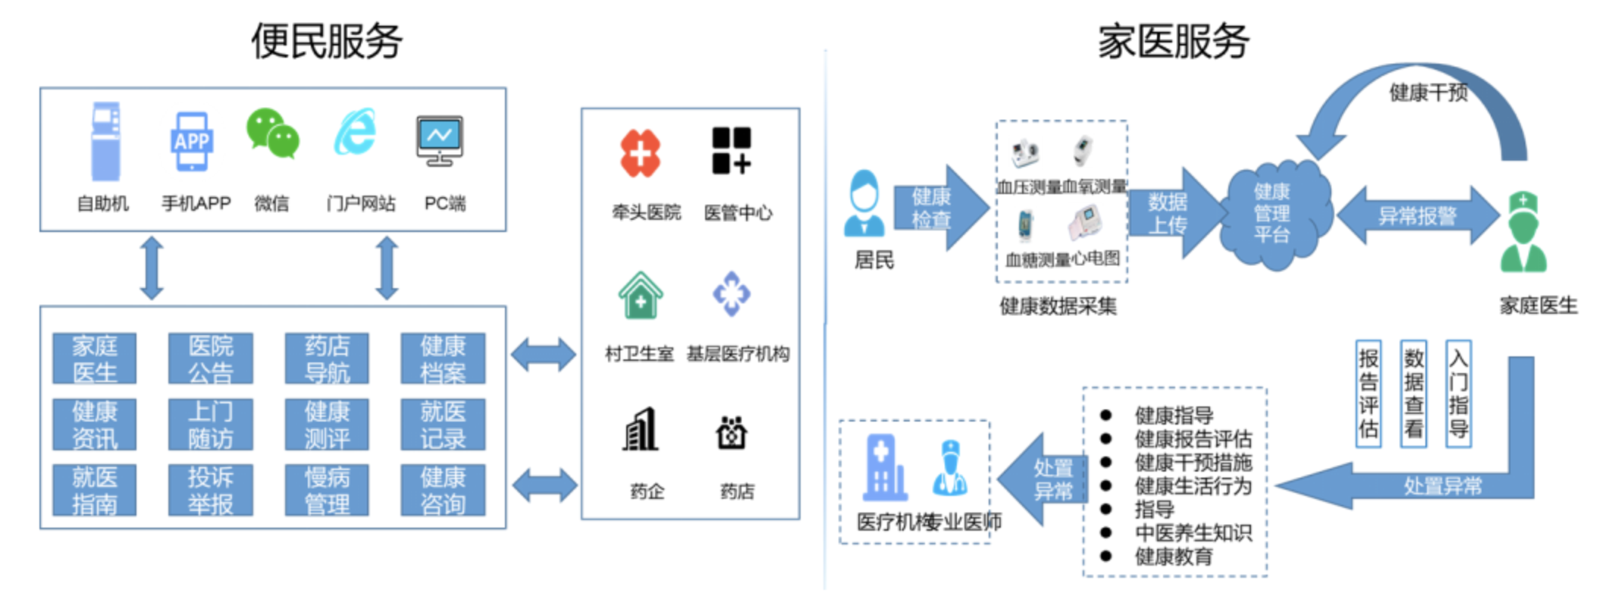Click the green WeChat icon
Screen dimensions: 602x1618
point(273,133)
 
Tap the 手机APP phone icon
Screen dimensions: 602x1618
point(191,142)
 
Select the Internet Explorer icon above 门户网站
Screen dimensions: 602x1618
point(356,132)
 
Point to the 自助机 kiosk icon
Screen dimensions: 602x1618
point(106,142)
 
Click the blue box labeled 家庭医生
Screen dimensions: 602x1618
point(95,359)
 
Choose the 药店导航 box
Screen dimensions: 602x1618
point(327,359)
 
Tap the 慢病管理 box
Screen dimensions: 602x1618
point(327,490)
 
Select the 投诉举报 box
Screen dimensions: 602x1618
point(211,490)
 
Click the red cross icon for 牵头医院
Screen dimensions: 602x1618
point(641,152)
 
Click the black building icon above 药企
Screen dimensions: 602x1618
point(641,430)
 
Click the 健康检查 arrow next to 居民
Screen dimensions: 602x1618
point(940,208)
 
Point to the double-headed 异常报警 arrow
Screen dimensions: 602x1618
point(1417,216)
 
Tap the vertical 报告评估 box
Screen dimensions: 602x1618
point(1369,393)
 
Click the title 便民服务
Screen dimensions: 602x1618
point(327,40)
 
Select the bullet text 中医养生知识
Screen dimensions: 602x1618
point(1193,533)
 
